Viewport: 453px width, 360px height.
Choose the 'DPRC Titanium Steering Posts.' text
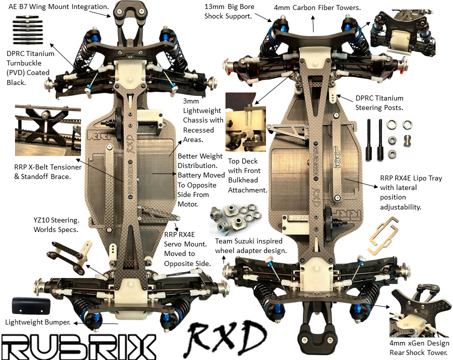[379, 102]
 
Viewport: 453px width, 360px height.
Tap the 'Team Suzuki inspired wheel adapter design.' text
[250, 245]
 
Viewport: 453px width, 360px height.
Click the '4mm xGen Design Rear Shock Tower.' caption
[419, 347]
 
